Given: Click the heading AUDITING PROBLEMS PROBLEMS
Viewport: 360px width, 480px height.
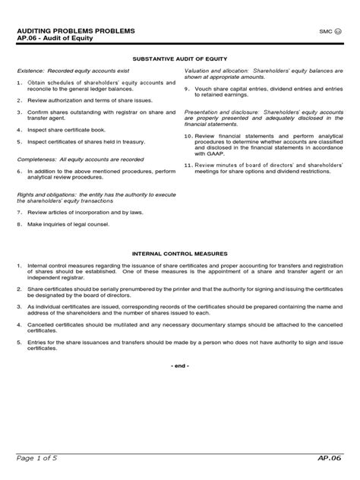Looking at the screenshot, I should click(x=70, y=30).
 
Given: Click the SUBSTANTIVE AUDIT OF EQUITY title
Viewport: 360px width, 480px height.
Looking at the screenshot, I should click(x=179, y=58).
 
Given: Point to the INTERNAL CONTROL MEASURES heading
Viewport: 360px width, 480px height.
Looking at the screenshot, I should click(x=179, y=253).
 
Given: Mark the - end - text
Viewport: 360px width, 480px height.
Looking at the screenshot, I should click(x=179, y=366).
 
